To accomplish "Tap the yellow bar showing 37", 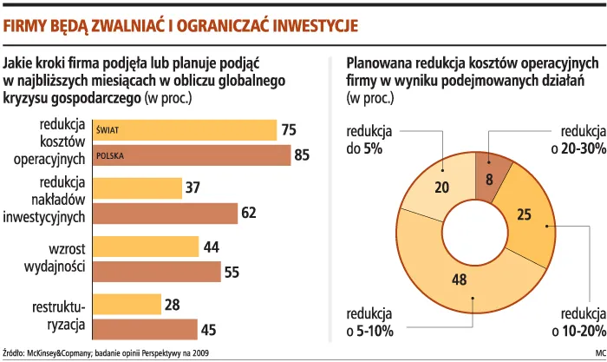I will click(x=136, y=188).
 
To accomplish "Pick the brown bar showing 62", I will click(x=165, y=213).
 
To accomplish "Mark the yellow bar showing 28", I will click(x=127, y=305).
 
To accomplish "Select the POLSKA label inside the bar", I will click(x=111, y=156).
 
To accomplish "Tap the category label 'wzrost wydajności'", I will click(x=60, y=258).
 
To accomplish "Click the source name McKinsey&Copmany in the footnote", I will click(x=62, y=353).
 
